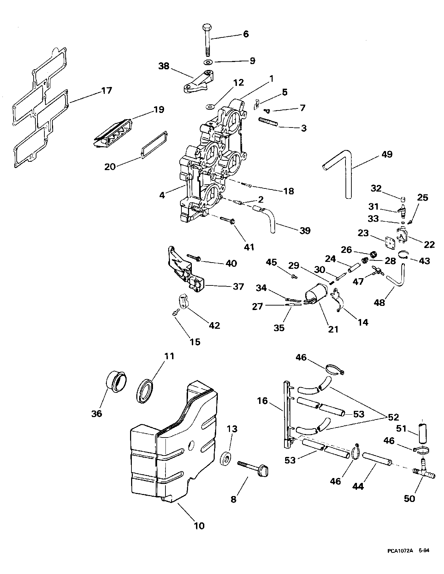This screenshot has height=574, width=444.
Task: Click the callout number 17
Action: pyautogui.click(x=107, y=90)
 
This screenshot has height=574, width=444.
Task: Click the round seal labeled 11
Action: pyautogui.click(x=145, y=391)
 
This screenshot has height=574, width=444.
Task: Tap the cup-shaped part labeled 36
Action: pyautogui.click(x=116, y=385)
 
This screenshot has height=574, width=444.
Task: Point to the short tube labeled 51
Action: pyautogui.click(x=422, y=432)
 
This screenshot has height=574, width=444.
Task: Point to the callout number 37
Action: pyautogui.click(x=239, y=286)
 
